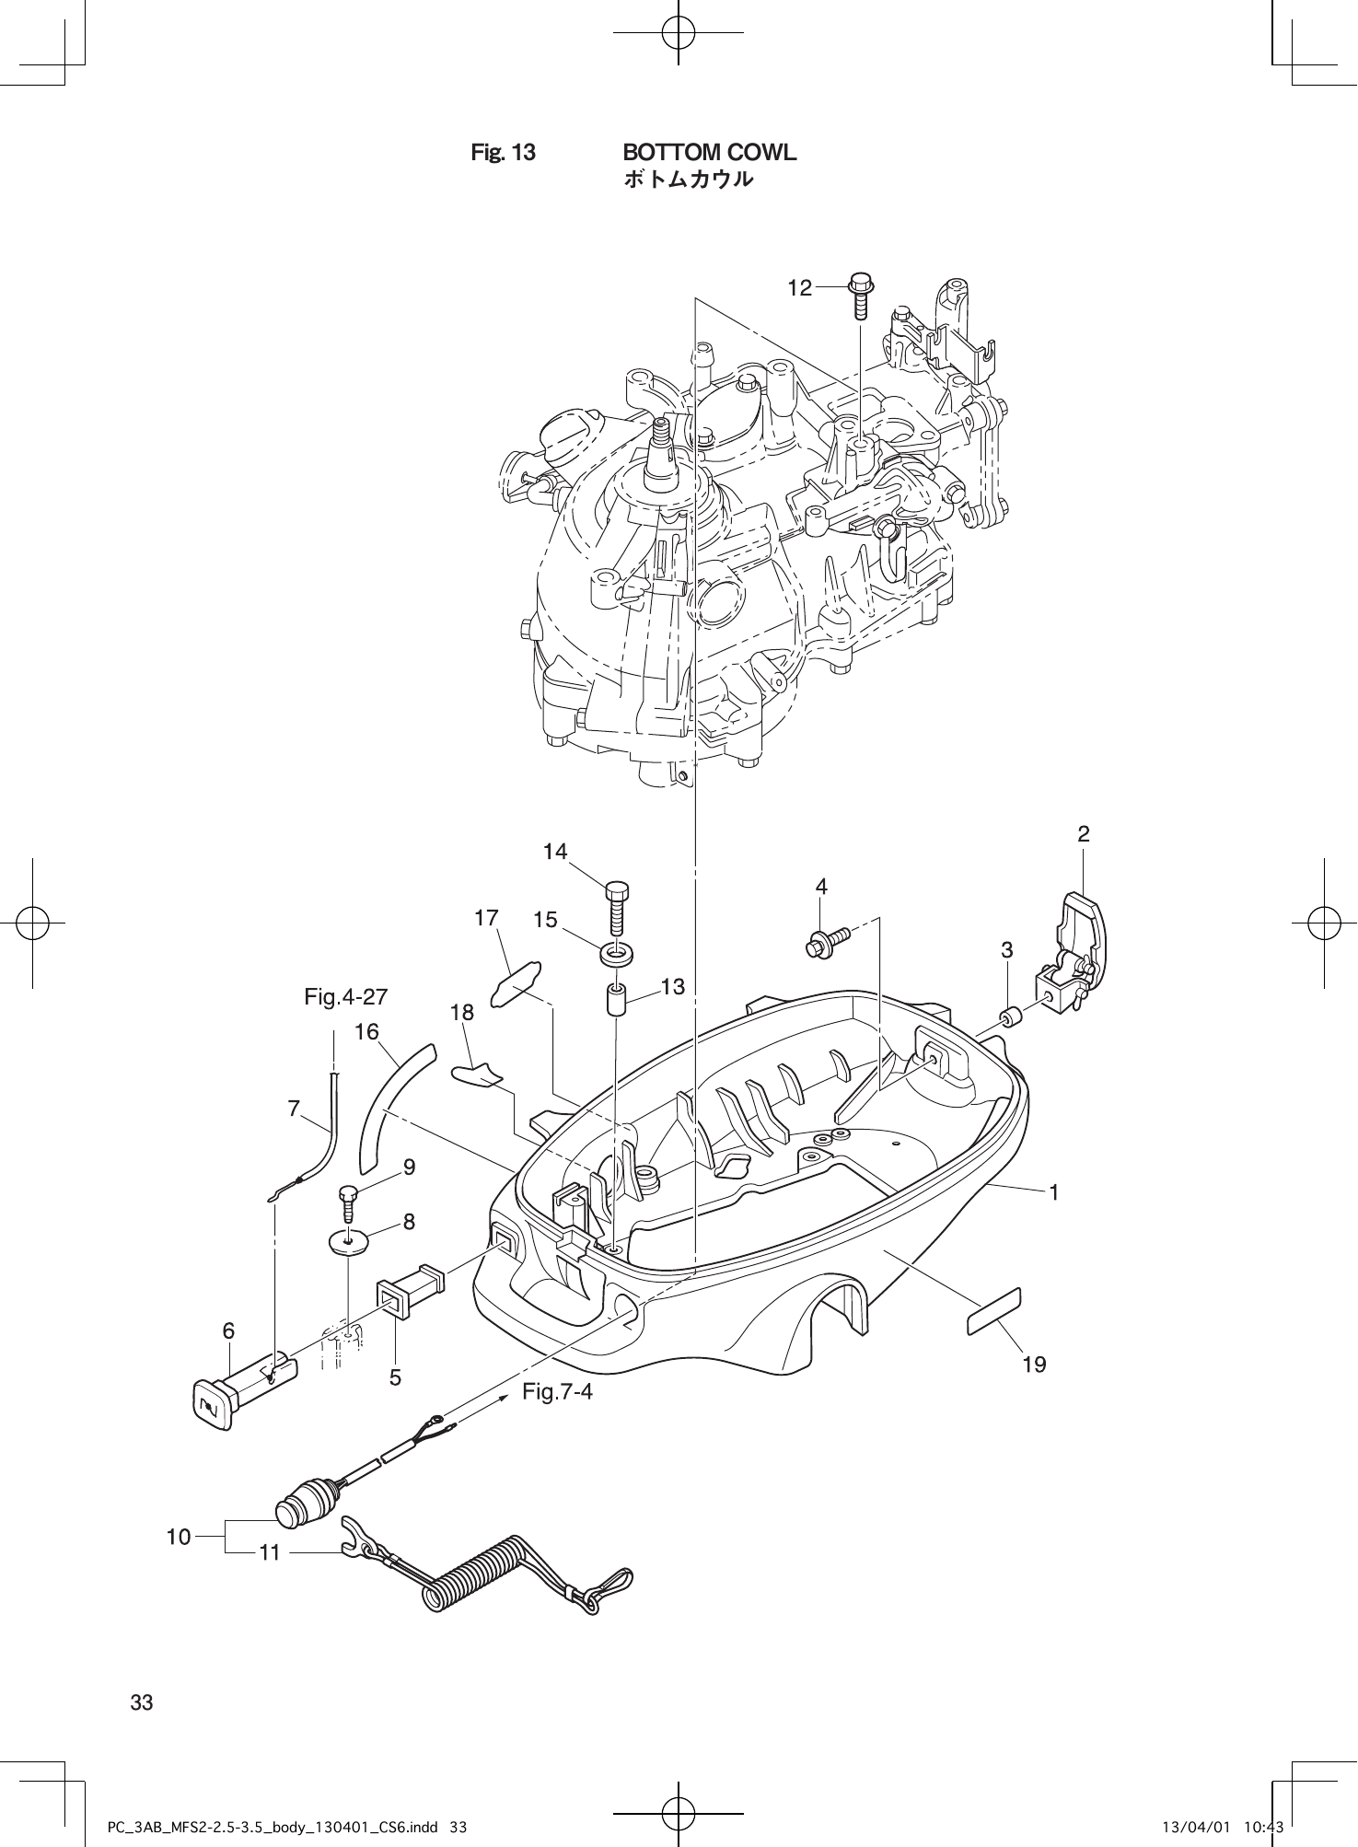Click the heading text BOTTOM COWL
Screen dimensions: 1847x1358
click(x=709, y=152)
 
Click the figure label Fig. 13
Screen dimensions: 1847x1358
click(x=503, y=152)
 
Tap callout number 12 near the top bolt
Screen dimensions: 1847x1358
click(x=799, y=288)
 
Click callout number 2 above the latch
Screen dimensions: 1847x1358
click(x=1084, y=834)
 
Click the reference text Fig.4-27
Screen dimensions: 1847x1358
click(x=346, y=996)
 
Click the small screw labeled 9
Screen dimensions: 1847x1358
click(x=348, y=1202)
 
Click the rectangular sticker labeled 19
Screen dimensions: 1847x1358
click(x=993, y=1310)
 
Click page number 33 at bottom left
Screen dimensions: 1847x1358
click(x=141, y=1702)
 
